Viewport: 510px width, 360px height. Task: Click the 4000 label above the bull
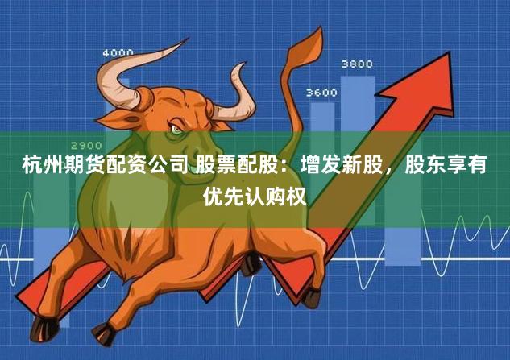(x=118, y=53)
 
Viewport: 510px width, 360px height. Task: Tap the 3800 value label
(x=357, y=64)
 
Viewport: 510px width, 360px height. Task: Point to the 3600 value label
(x=321, y=93)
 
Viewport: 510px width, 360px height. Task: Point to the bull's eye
(x=176, y=128)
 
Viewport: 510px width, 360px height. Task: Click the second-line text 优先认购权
(x=255, y=194)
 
